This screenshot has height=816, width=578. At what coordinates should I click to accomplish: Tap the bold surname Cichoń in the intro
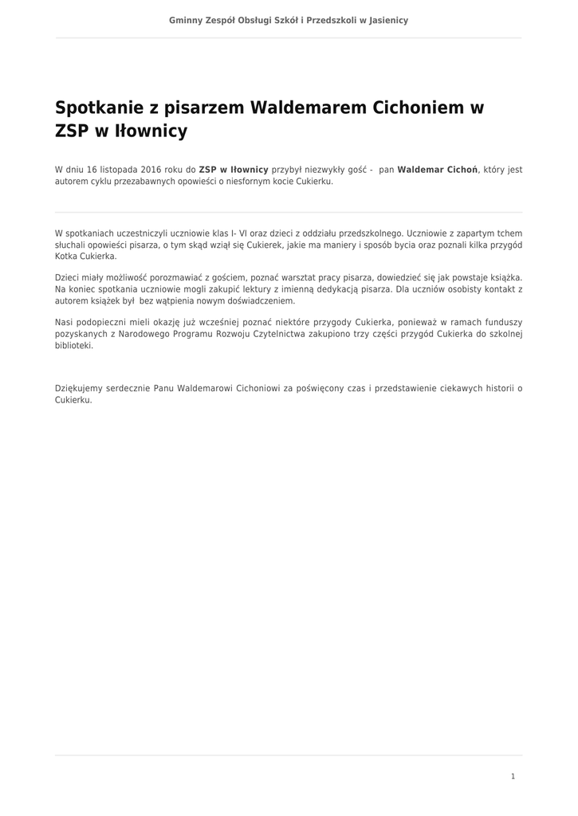(x=460, y=170)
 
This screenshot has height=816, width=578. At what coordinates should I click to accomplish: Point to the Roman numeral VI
(x=243, y=233)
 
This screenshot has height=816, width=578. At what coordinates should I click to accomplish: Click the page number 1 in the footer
(x=513, y=776)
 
